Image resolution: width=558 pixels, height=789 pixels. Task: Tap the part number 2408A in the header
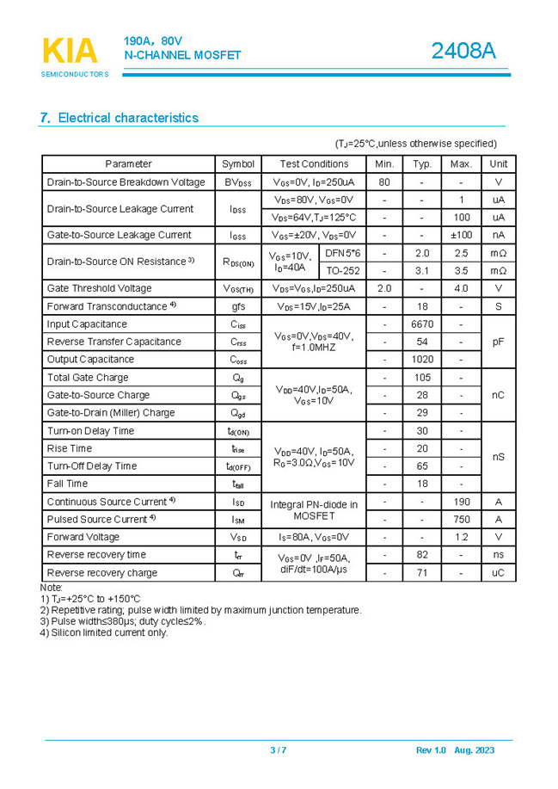(463, 52)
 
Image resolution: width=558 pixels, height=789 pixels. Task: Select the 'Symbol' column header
(238, 163)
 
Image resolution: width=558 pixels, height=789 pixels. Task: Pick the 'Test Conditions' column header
(314, 163)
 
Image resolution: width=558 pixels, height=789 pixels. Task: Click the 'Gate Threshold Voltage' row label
(99, 288)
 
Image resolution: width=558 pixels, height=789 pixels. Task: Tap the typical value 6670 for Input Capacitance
(422, 324)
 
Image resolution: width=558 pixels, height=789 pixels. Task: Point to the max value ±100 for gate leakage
(461, 235)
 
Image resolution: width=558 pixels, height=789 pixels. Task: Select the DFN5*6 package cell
(343, 253)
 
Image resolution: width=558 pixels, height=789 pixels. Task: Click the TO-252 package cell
(343, 270)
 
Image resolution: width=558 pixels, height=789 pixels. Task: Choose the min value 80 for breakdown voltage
(384, 182)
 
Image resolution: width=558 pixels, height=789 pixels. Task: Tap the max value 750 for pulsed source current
(461, 520)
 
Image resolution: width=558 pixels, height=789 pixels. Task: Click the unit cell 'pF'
(499, 342)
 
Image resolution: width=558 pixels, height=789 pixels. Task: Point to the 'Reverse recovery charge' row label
(102, 572)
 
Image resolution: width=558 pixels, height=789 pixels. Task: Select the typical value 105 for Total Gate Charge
(422, 378)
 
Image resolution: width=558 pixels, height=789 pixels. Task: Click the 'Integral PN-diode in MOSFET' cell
(314, 510)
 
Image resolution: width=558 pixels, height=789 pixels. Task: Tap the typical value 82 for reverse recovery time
(422, 555)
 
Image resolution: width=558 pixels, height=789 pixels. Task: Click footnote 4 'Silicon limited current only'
(104, 633)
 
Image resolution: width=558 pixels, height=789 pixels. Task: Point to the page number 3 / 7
(279, 750)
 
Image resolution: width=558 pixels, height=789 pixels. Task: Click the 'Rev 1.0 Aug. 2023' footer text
(456, 750)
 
